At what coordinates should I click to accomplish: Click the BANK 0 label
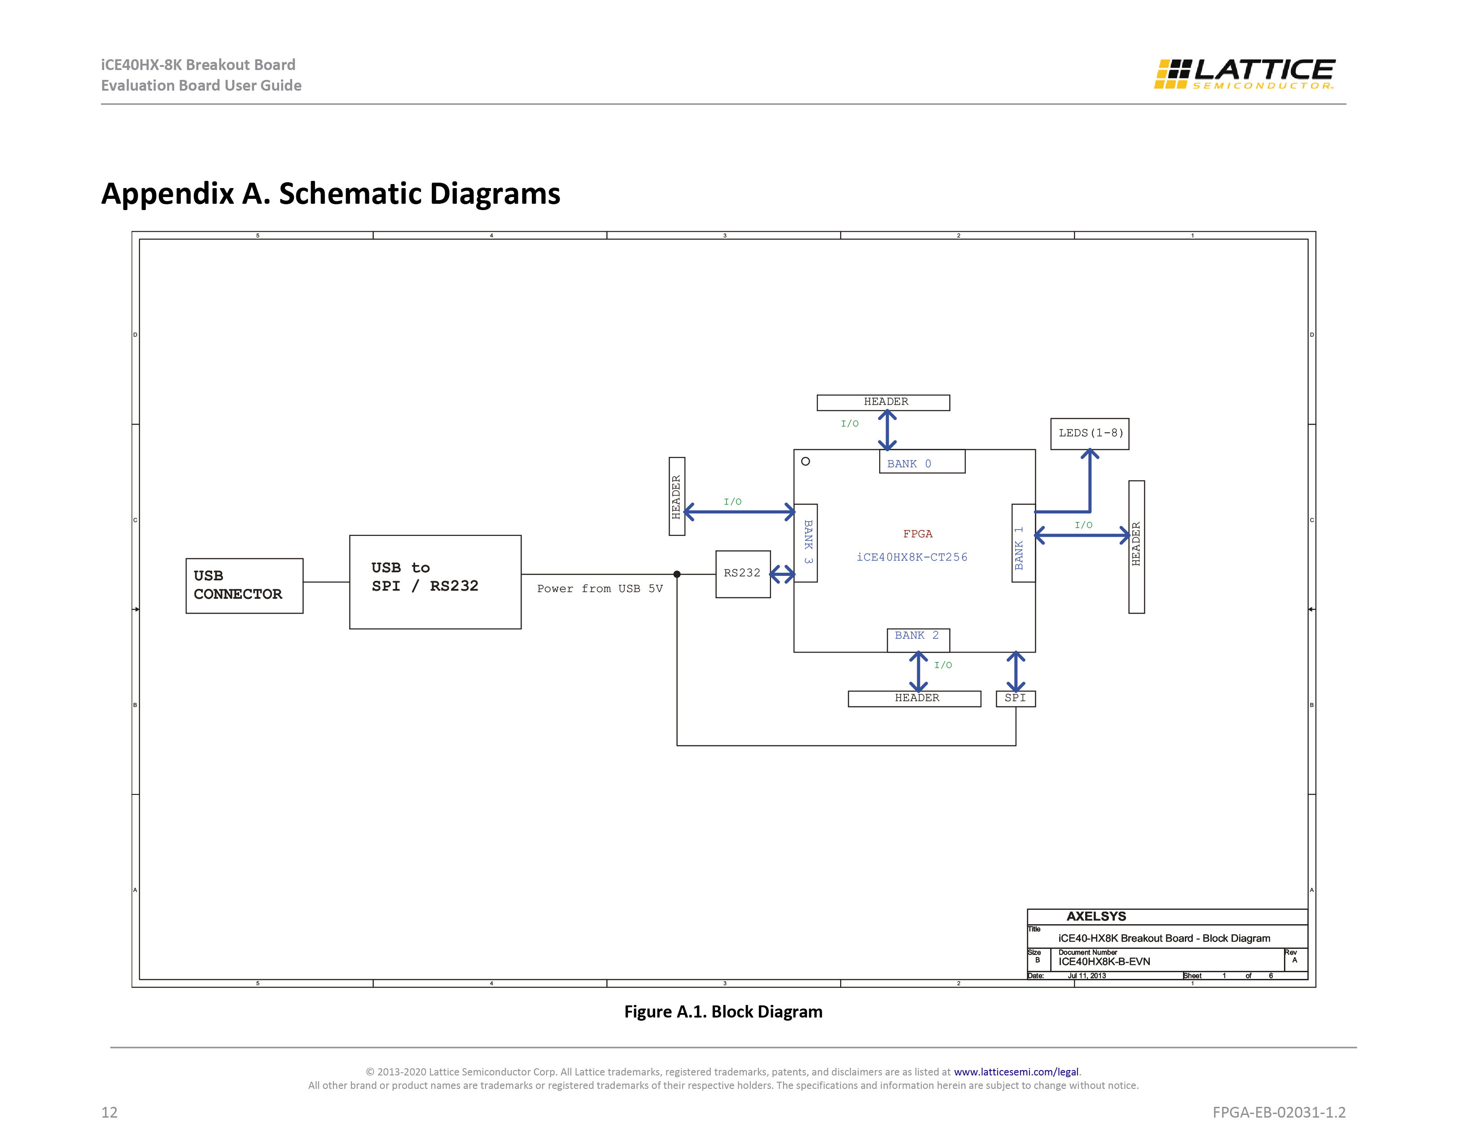coord(909,464)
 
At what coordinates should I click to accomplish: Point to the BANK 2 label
coord(917,636)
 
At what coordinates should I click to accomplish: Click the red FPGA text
coord(917,534)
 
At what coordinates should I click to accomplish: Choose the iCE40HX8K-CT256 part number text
coord(912,557)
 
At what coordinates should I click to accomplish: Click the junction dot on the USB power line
coord(677,574)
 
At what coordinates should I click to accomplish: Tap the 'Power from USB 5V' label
coord(600,589)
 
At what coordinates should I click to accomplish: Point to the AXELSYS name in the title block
coord(1096,917)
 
